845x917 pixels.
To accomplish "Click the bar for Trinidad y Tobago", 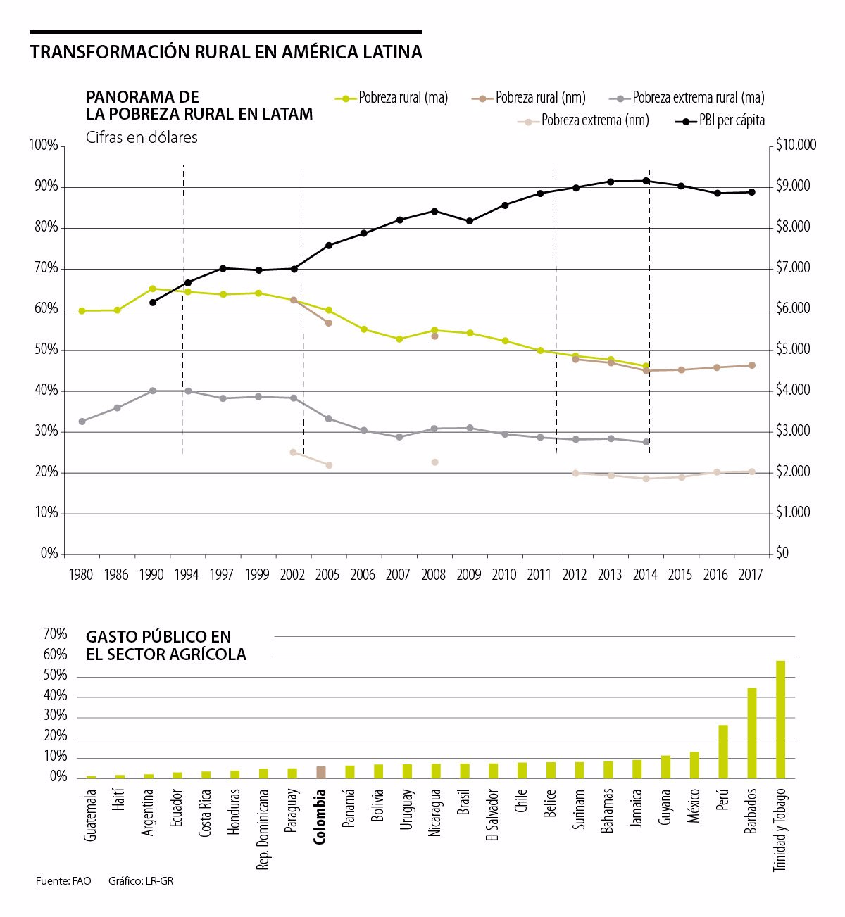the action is pyautogui.click(x=780, y=719).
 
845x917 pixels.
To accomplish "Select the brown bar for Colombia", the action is pyautogui.click(x=321, y=772).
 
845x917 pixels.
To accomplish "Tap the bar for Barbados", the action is pyautogui.click(x=751, y=733).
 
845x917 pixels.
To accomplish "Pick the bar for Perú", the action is pyautogui.click(x=723, y=752).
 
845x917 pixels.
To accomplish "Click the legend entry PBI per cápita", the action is pyautogui.click(x=720, y=120).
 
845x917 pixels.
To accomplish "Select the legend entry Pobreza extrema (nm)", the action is pyautogui.click(x=583, y=120).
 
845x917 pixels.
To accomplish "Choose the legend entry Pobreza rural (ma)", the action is pyautogui.click(x=391, y=98).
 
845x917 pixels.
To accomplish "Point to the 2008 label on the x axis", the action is pyautogui.click(x=433, y=574).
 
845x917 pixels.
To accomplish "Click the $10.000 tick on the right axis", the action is pyautogui.click(x=796, y=145).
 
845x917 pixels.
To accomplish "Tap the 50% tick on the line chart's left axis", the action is pyautogui.click(x=46, y=350).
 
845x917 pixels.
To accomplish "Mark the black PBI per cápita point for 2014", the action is pyautogui.click(x=646, y=181).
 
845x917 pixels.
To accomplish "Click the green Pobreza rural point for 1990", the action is pyautogui.click(x=153, y=289).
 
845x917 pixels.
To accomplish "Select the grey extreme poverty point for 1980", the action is pyautogui.click(x=82, y=422).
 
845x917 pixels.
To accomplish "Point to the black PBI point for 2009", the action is pyautogui.click(x=470, y=221).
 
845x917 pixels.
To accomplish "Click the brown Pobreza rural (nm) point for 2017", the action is pyautogui.click(x=751, y=365).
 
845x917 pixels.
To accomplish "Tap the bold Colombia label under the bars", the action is pyautogui.click(x=320, y=816).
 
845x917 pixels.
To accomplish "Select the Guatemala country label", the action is pyautogui.click(x=90, y=815).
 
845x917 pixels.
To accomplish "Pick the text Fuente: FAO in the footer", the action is pyautogui.click(x=63, y=881).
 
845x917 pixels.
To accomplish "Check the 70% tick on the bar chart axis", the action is pyautogui.click(x=56, y=634).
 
